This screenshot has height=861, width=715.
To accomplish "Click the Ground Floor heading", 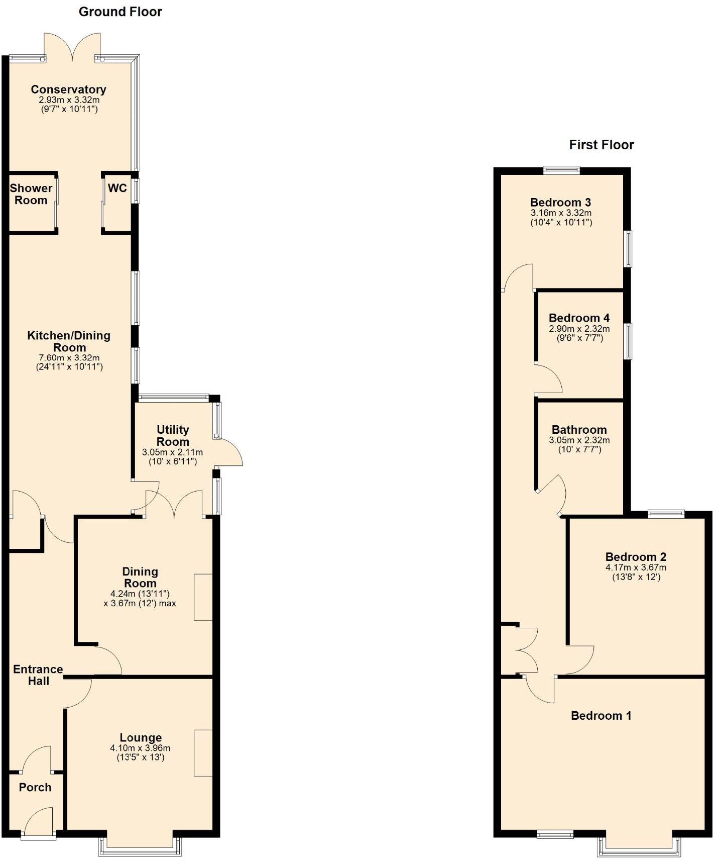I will point(121,12).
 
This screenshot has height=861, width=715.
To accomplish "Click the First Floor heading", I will point(601,145).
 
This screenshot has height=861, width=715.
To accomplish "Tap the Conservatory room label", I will point(68,89).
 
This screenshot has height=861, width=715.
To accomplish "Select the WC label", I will point(117,188).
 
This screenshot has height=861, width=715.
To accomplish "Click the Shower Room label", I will point(31,194).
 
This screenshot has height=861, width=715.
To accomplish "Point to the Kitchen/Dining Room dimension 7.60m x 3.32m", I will point(69,357).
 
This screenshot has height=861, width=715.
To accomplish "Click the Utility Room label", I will point(173,435).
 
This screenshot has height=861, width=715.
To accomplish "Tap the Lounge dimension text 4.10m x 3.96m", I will point(140,748).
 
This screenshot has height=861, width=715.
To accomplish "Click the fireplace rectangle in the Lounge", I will point(203,752).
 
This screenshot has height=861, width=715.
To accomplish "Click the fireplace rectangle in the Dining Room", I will point(203,597).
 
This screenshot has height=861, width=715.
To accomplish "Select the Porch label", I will point(35,787).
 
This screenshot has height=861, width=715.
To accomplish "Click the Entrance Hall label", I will point(38,675).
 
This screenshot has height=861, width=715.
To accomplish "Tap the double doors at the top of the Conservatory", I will point(73,46).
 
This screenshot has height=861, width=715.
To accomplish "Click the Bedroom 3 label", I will point(560,202).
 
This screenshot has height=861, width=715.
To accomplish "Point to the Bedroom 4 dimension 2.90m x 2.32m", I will point(579,329).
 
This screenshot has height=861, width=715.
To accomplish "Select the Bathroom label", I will point(579,429).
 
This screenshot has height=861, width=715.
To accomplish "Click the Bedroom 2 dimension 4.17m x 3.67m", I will point(636,567).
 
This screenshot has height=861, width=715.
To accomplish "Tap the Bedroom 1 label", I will point(601,715).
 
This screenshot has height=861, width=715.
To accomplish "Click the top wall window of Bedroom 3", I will point(561,170).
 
